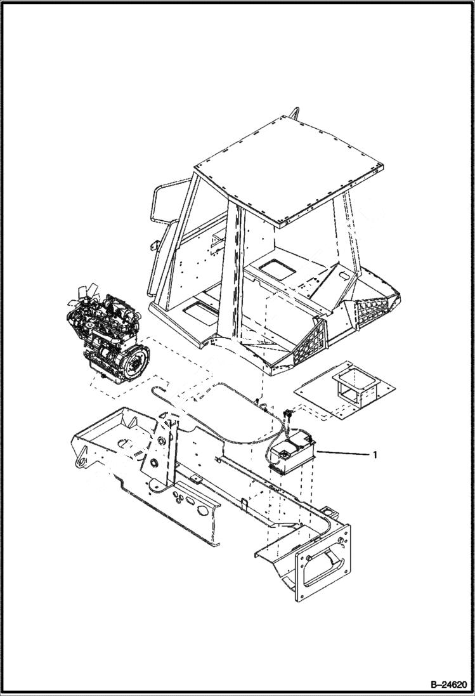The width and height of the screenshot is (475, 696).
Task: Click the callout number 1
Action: coord(376,455)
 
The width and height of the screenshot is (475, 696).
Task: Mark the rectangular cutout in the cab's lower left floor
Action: coord(198,310)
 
